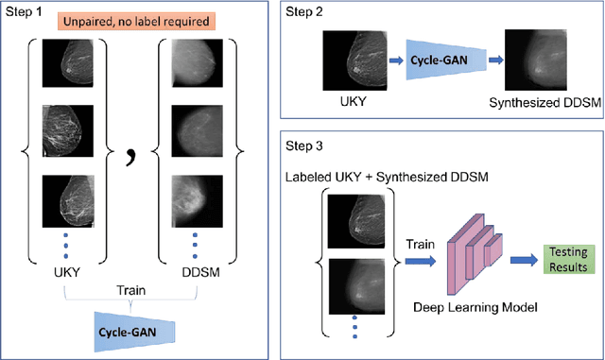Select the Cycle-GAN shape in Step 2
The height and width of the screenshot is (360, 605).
click(441, 58)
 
